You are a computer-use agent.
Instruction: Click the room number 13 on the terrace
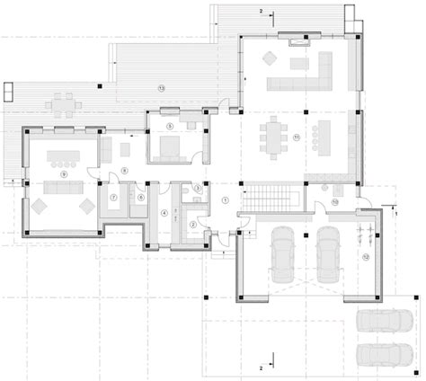pyautogui.click(x=161, y=88)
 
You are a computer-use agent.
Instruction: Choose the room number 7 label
pyautogui.click(x=114, y=196)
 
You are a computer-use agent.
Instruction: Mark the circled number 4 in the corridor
pyautogui.click(x=164, y=213)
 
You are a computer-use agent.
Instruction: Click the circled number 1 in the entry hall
pyautogui.click(x=226, y=199)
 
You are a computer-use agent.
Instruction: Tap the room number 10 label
pyautogui.click(x=333, y=203)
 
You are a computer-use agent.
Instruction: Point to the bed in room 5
pyautogui.click(x=166, y=147)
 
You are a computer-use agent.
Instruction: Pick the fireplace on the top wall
pyautogui.click(x=296, y=39)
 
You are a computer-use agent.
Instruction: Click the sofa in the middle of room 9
pyautogui.click(x=62, y=187)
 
